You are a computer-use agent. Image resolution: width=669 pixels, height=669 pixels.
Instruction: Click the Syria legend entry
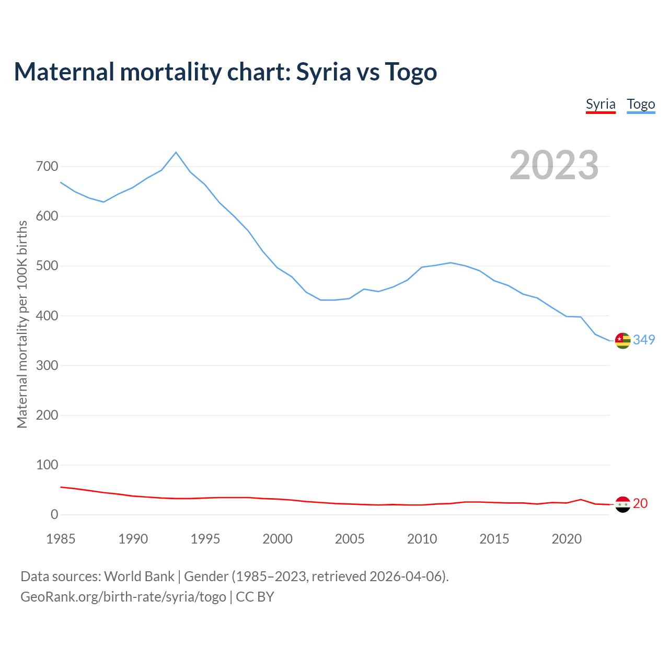pos(601,104)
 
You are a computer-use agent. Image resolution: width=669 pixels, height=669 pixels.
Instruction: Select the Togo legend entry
pos(641,104)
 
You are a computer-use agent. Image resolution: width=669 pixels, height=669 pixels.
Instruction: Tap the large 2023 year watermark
pos(554,165)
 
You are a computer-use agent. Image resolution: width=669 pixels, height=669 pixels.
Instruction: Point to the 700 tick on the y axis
pos(47,167)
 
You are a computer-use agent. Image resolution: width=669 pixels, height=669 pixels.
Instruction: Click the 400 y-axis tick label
pos(47,316)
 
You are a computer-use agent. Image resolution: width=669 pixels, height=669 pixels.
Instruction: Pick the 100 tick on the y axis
pos(47,465)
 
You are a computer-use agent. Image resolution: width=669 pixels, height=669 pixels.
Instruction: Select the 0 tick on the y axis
pos(54,514)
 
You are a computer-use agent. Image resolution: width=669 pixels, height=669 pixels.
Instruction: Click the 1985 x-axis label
pos(61,539)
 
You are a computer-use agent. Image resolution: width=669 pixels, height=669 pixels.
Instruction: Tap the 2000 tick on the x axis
pos(278,539)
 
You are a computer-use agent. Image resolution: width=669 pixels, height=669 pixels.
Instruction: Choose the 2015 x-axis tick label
pos(494,539)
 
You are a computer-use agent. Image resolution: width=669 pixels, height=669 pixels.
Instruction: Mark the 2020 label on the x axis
pos(567,539)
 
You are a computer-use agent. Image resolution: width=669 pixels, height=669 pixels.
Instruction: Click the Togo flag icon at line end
pos(622,340)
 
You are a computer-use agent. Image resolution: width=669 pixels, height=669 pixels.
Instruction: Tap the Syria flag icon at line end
pos(622,504)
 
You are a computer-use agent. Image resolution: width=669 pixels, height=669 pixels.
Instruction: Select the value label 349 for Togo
pos(644,340)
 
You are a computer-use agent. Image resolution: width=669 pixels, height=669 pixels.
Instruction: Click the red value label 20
pos(640,503)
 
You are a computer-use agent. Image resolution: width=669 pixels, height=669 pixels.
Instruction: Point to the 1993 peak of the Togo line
pos(176,152)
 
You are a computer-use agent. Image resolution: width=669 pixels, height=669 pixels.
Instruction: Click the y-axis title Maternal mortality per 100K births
pos(22,324)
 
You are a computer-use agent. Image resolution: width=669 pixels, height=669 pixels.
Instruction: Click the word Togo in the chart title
pos(411,72)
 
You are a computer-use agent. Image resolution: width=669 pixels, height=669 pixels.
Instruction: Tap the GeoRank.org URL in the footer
pos(123,596)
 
